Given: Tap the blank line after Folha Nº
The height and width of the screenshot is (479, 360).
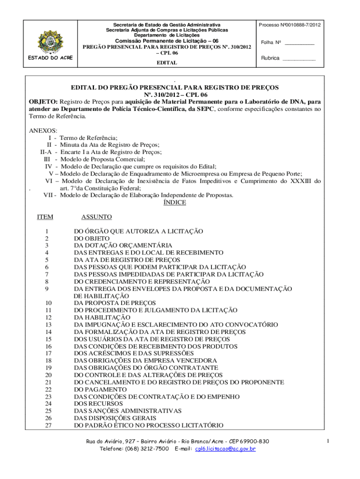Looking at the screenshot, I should (x=299, y=43).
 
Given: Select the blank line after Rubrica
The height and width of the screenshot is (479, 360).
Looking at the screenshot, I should (x=299, y=59).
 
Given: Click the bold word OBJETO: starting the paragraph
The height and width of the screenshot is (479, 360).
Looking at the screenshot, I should (x=43, y=102).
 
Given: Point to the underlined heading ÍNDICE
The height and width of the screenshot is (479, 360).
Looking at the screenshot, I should (x=174, y=203).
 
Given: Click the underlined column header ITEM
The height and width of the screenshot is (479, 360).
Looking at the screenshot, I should (x=45, y=217).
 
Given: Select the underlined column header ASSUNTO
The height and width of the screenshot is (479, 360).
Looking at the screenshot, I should (x=96, y=217).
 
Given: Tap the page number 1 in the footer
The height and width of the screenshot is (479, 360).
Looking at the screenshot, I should (x=329, y=441).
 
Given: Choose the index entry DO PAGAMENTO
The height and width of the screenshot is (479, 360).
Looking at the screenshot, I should (x=99, y=389).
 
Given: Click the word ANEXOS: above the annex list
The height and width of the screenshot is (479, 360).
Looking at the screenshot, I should (x=43, y=131).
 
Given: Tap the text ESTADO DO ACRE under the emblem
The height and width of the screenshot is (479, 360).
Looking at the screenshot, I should (x=47, y=58).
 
